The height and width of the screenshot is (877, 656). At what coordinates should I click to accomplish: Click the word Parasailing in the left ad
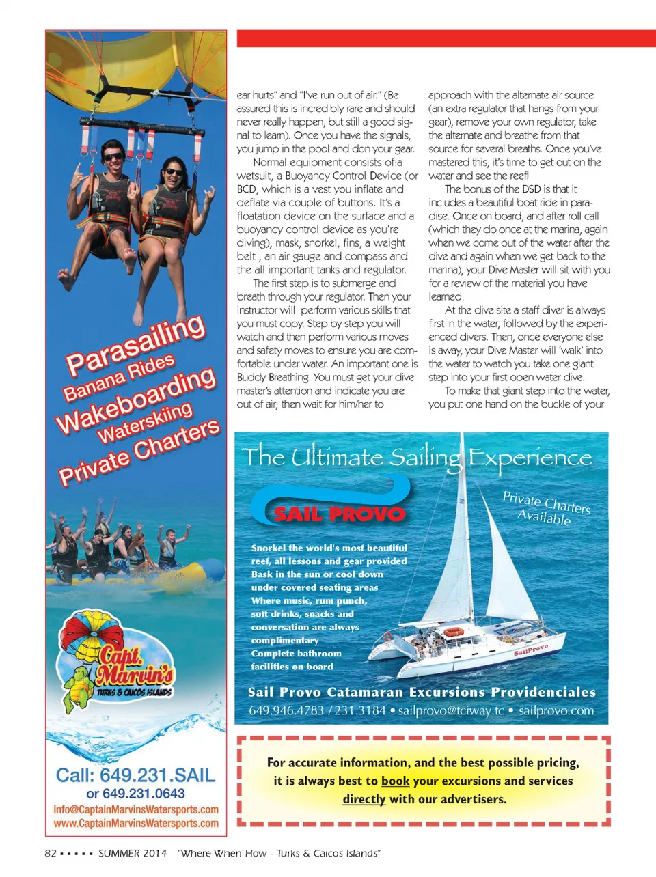click(x=135, y=345)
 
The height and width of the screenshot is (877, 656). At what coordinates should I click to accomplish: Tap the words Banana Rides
click(x=119, y=378)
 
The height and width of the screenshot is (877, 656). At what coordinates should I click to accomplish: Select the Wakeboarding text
click(x=137, y=401)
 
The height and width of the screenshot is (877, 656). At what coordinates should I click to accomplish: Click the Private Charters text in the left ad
click(x=140, y=452)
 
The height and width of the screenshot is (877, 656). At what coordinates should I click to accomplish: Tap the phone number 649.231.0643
click(x=135, y=794)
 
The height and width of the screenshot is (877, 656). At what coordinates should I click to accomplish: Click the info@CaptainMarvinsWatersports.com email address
click(x=136, y=809)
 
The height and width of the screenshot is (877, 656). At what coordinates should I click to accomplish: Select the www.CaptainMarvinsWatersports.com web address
click(x=136, y=824)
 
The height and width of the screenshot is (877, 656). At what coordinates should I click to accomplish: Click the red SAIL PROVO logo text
click(x=340, y=514)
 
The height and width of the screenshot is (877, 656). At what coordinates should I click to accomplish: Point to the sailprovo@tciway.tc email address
click(x=451, y=711)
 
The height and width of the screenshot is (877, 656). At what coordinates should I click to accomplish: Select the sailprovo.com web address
click(x=556, y=711)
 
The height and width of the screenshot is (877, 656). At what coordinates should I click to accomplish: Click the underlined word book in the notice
click(x=395, y=781)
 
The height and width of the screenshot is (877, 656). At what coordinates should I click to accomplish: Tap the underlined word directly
click(x=364, y=799)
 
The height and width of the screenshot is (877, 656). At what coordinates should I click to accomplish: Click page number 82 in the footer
click(x=51, y=853)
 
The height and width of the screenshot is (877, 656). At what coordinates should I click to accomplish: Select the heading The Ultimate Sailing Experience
click(x=417, y=457)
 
